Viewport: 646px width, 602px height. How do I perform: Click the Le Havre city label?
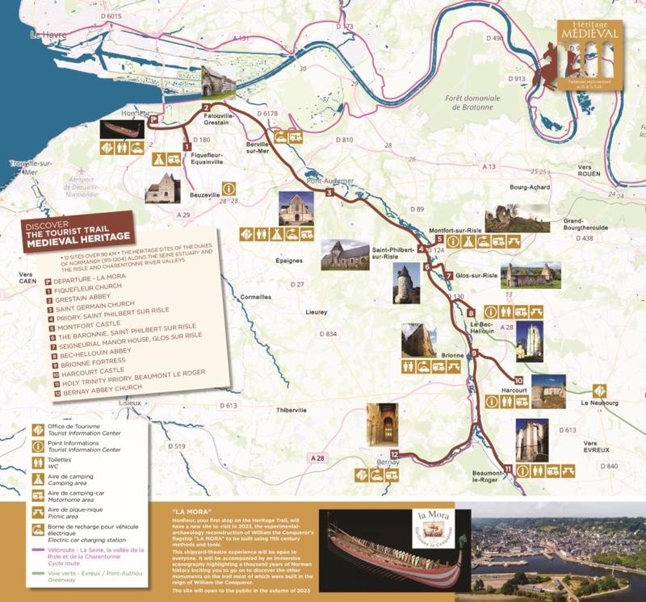click(x=46, y=35)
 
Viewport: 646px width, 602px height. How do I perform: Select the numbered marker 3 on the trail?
click(x=329, y=193)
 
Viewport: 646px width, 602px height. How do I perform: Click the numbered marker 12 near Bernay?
click(x=394, y=454)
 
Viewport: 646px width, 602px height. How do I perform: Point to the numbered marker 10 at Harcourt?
click(x=518, y=380)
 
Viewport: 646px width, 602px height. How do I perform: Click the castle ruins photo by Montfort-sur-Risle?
click(x=517, y=219)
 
